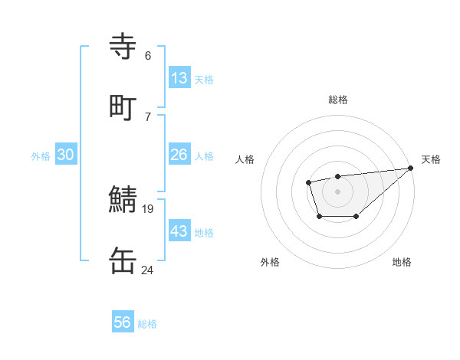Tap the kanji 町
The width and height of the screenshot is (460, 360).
[x=123, y=107]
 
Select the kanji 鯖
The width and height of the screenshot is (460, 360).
[x=123, y=201]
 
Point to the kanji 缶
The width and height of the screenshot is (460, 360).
[x=123, y=260]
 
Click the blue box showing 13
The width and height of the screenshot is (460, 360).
[x=179, y=77]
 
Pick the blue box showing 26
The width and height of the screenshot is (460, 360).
[x=179, y=155]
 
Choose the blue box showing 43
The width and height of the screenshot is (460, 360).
[x=179, y=231]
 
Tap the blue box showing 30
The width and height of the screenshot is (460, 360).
[x=66, y=155]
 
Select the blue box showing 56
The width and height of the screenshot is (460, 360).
[x=123, y=322]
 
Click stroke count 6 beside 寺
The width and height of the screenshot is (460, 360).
[x=148, y=55]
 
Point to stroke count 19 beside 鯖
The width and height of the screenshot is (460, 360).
[x=148, y=208]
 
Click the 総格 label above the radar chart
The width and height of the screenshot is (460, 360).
[x=338, y=100]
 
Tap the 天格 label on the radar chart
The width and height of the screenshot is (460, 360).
[x=432, y=159]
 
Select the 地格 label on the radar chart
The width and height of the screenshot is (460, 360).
[x=402, y=262]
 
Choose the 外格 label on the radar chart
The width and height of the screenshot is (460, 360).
[x=270, y=262]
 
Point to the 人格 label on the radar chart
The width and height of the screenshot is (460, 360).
[x=245, y=159]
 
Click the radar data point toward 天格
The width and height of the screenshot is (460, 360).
[x=411, y=169]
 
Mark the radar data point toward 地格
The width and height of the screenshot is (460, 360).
[x=356, y=218]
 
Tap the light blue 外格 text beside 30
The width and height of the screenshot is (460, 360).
[x=41, y=155]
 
